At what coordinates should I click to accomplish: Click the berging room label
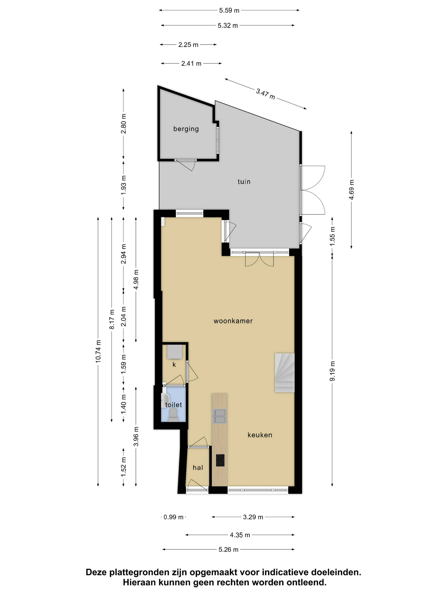click(186, 129)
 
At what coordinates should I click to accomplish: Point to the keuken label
click(260, 435)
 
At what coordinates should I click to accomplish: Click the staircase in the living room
click(284, 373)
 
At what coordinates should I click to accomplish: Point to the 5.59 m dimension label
click(229, 10)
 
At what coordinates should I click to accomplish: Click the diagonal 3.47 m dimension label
click(265, 94)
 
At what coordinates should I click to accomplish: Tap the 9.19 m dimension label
click(332, 371)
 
